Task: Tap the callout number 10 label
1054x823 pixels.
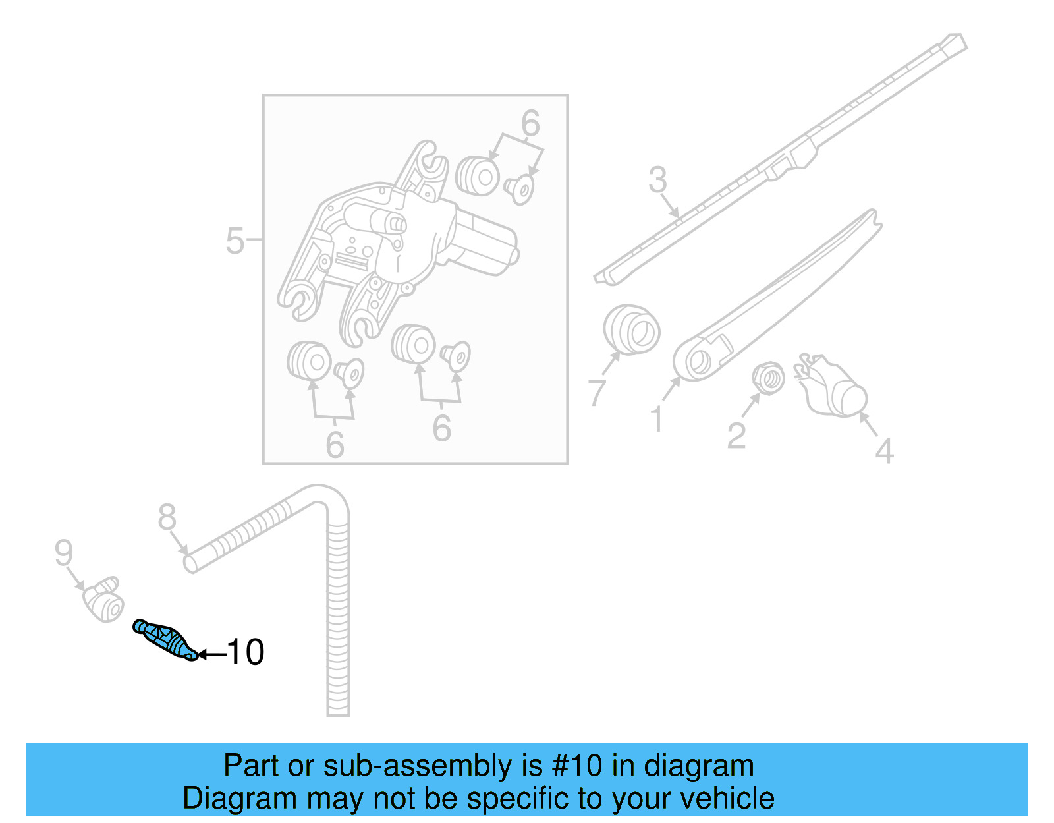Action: [x=246, y=652]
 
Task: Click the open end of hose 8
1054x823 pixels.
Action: [x=190, y=564]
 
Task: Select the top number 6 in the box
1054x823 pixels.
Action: [x=530, y=123]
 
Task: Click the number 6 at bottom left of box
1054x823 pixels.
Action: [x=335, y=445]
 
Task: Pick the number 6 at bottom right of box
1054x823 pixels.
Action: [x=441, y=428]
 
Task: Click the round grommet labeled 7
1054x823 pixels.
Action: [x=631, y=329]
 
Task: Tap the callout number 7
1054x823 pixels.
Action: [x=597, y=392]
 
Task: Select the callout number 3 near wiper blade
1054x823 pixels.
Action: [x=657, y=179]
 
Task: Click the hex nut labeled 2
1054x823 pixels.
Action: [x=768, y=378]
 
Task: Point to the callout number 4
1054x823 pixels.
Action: [x=884, y=451]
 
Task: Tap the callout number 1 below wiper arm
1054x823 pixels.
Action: [x=656, y=419]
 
